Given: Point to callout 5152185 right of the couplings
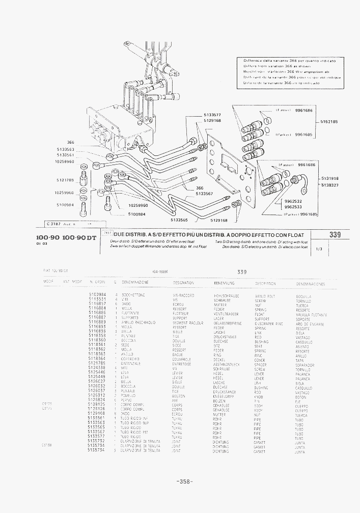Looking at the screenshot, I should (329, 122).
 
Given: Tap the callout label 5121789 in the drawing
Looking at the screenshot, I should (65, 180).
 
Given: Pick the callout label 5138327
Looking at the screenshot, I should (329, 185).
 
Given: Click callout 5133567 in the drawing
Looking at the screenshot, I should (204, 194).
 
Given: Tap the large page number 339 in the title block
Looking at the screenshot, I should (335, 234).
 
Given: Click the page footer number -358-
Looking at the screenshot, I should (184, 481).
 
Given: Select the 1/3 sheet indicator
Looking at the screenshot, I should (319, 249).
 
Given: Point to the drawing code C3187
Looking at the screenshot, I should (53, 223).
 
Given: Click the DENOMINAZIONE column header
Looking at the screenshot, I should (135, 282).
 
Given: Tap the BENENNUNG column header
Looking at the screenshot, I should (224, 282).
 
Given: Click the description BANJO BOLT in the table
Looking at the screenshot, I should (265, 295).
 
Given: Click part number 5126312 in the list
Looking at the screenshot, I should (97, 395).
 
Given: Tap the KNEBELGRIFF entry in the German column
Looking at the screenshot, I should (225, 396).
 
